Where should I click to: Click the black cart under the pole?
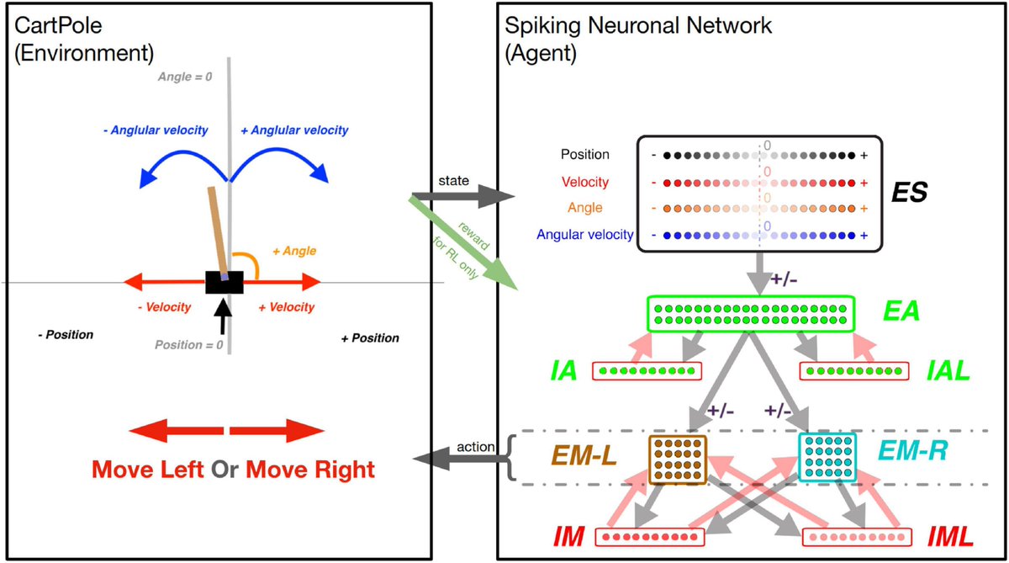[225, 282]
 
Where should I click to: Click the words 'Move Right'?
[309, 470]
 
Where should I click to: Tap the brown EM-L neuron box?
[678, 459]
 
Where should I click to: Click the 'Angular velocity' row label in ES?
[585, 235]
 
